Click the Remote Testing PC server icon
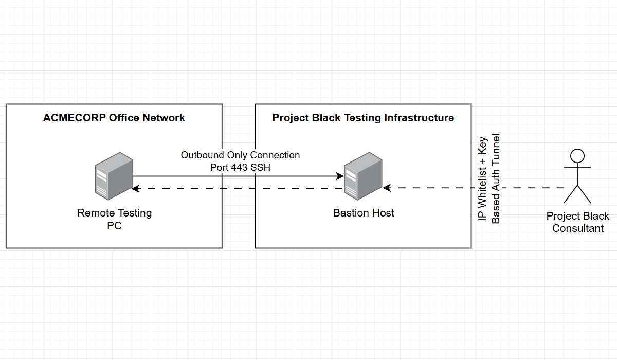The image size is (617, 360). tap(114, 176)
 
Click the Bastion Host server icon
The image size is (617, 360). tap(363, 176)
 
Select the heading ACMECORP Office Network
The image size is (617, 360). tap(114, 118)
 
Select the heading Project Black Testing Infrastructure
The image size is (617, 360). tap(363, 118)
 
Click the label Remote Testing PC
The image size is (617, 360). tap(114, 219)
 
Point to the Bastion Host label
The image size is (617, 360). tap(364, 213)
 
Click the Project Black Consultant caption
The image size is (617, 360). tap(578, 222)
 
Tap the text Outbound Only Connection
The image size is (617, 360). tap(240, 155)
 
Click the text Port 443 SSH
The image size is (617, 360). tap(240, 167)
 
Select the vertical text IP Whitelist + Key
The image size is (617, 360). tap(483, 179)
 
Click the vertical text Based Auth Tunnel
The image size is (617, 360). tap(496, 179)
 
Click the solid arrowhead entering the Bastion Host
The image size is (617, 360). tap(340, 176)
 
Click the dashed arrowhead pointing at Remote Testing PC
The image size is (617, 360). tap(136, 189)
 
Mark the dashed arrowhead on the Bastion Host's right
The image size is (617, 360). tap(387, 188)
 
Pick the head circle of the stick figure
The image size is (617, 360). tap(577, 155)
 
